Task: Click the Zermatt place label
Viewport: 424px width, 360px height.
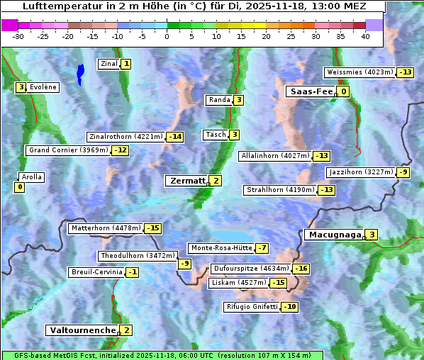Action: [x=186, y=181]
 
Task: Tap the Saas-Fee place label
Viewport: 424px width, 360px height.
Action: [x=310, y=91]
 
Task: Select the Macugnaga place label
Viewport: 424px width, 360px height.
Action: [x=333, y=235]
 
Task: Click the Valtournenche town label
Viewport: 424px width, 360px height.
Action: [x=82, y=330]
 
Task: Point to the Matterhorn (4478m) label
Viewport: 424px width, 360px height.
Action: [x=105, y=228]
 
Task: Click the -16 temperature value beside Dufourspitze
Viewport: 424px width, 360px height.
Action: [x=301, y=269]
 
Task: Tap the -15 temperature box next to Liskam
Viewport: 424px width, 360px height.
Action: [x=279, y=283]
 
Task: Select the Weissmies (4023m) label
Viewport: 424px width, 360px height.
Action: [x=359, y=72]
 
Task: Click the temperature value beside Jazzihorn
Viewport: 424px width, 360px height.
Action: [x=403, y=172]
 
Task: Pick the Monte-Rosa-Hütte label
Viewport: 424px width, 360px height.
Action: [x=221, y=248]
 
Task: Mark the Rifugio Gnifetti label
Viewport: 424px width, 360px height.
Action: [x=252, y=307]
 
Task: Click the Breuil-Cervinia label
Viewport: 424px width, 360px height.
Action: [x=96, y=272]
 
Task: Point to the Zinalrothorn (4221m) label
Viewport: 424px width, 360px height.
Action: [x=125, y=137]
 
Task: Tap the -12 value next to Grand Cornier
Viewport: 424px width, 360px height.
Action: [x=121, y=150]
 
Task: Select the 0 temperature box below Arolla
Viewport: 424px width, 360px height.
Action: [x=19, y=187]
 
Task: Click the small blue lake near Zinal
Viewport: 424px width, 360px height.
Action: [x=80, y=72]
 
